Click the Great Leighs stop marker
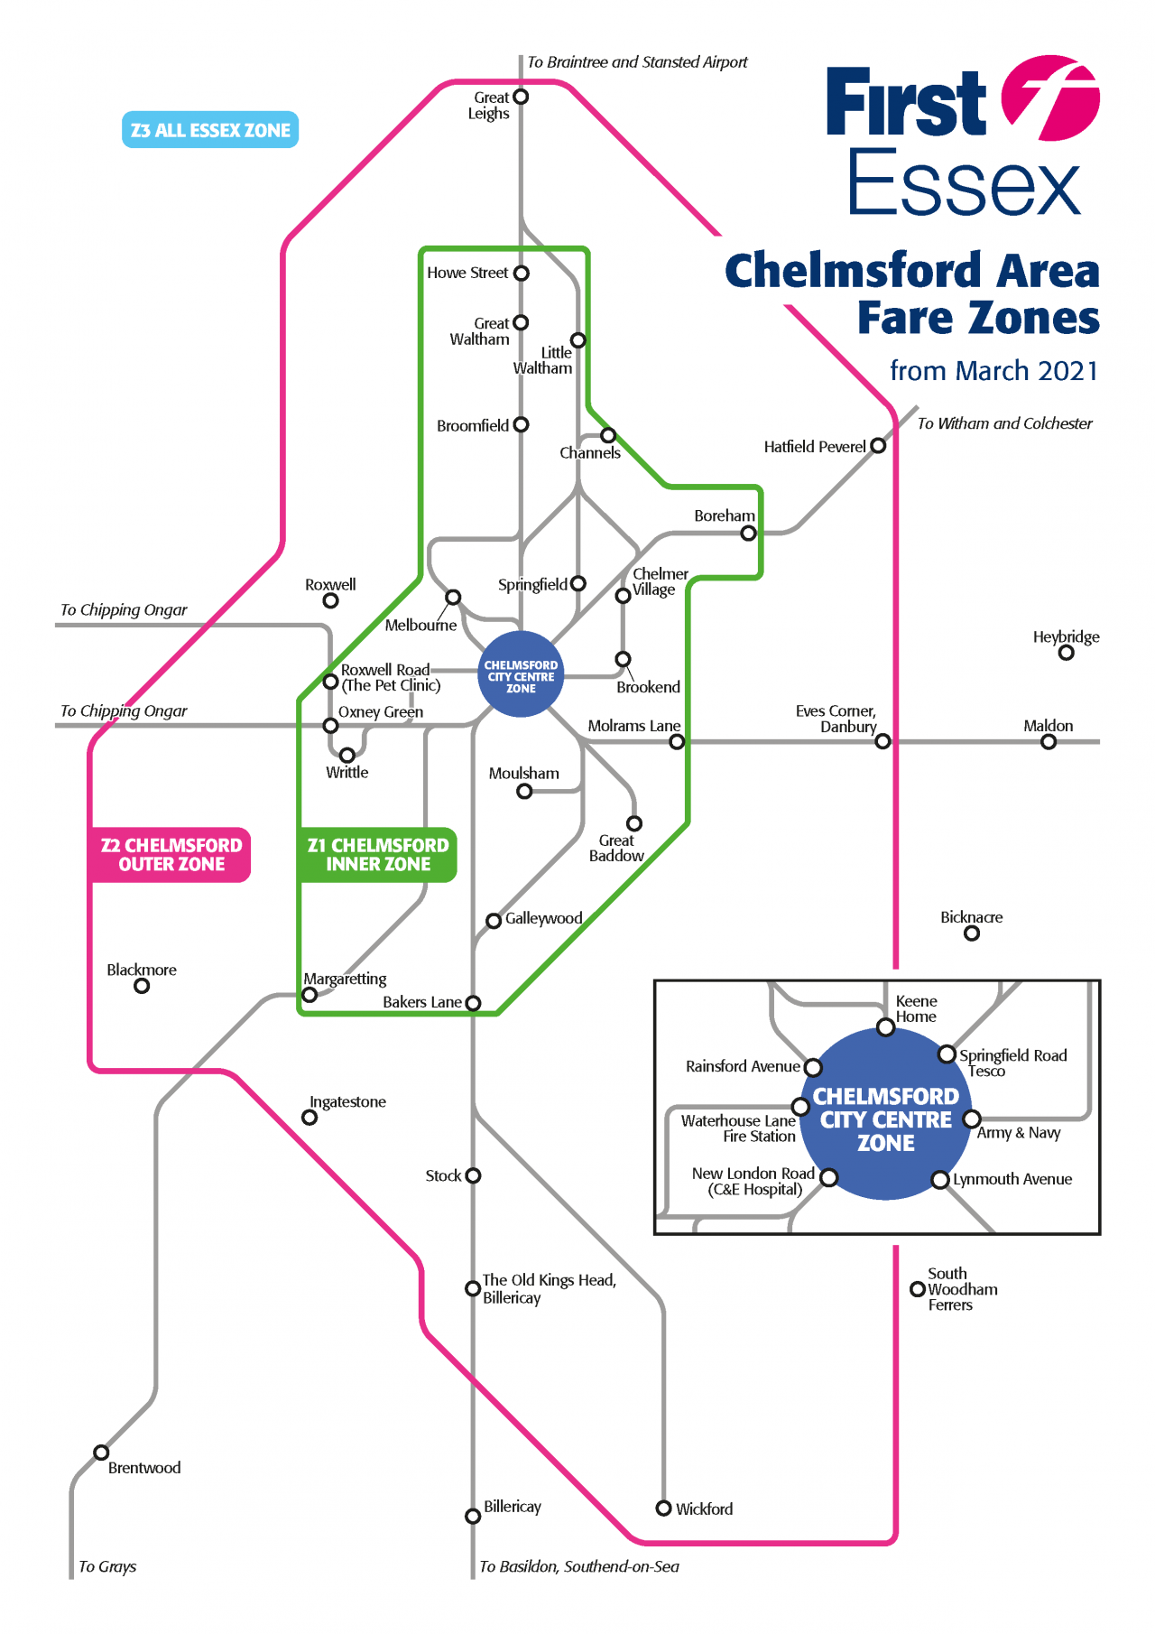point(521,97)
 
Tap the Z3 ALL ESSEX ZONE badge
point(210,130)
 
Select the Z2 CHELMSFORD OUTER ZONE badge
point(171,854)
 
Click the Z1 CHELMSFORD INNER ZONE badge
point(377,854)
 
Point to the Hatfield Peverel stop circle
point(878,445)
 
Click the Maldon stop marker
point(1049,742)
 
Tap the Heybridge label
point(1066,636)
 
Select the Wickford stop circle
point(664,1509)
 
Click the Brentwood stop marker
point(102,1453)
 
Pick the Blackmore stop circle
point(142,986)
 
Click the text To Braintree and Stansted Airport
point(637,62)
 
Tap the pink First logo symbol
point(1051,98)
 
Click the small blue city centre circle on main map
point(521,676)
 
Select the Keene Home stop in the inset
point(886,1027)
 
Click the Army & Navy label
point(1019,1133)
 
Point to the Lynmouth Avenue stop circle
point(940,1180)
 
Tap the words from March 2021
point(993,371)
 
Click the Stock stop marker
point(473,1175)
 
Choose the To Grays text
point(107,1566)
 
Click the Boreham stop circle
point(748,534)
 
